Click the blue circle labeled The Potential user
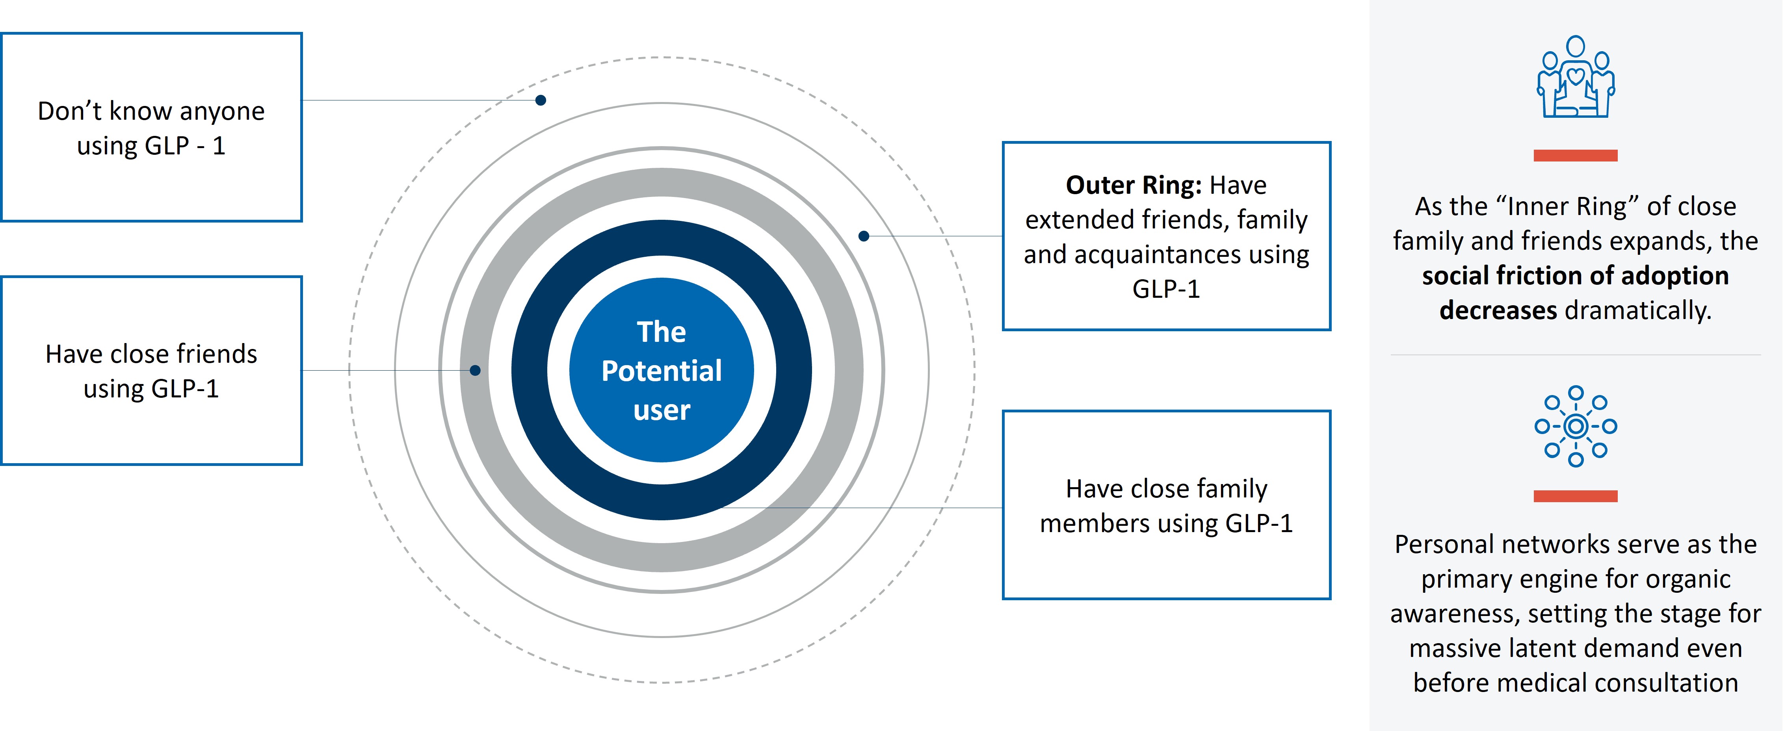[x=662, y=370]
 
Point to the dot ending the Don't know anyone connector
[x=541, y=100]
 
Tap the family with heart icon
[x=1575, y=77]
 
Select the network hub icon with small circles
[x=1575, y=426]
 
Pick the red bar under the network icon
[x=1575, y=496]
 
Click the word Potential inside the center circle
[x=662, y=371]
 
